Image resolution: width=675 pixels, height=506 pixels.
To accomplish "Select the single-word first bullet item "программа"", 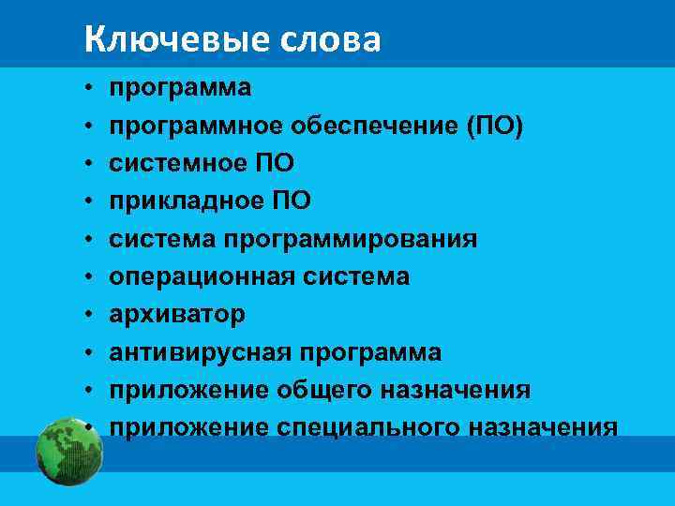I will click(180, 88).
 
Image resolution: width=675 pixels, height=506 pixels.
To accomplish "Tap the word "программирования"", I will click(350, 239).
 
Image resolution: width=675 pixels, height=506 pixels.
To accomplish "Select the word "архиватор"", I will click(177, 314).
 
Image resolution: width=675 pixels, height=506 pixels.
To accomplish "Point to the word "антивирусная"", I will click(201, 352).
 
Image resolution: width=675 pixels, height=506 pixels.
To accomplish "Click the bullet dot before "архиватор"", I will click(86, 315).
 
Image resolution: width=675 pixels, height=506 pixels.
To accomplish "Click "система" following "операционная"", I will click(353, 276).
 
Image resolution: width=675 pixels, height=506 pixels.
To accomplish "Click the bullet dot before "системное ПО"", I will click(86, 164).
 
